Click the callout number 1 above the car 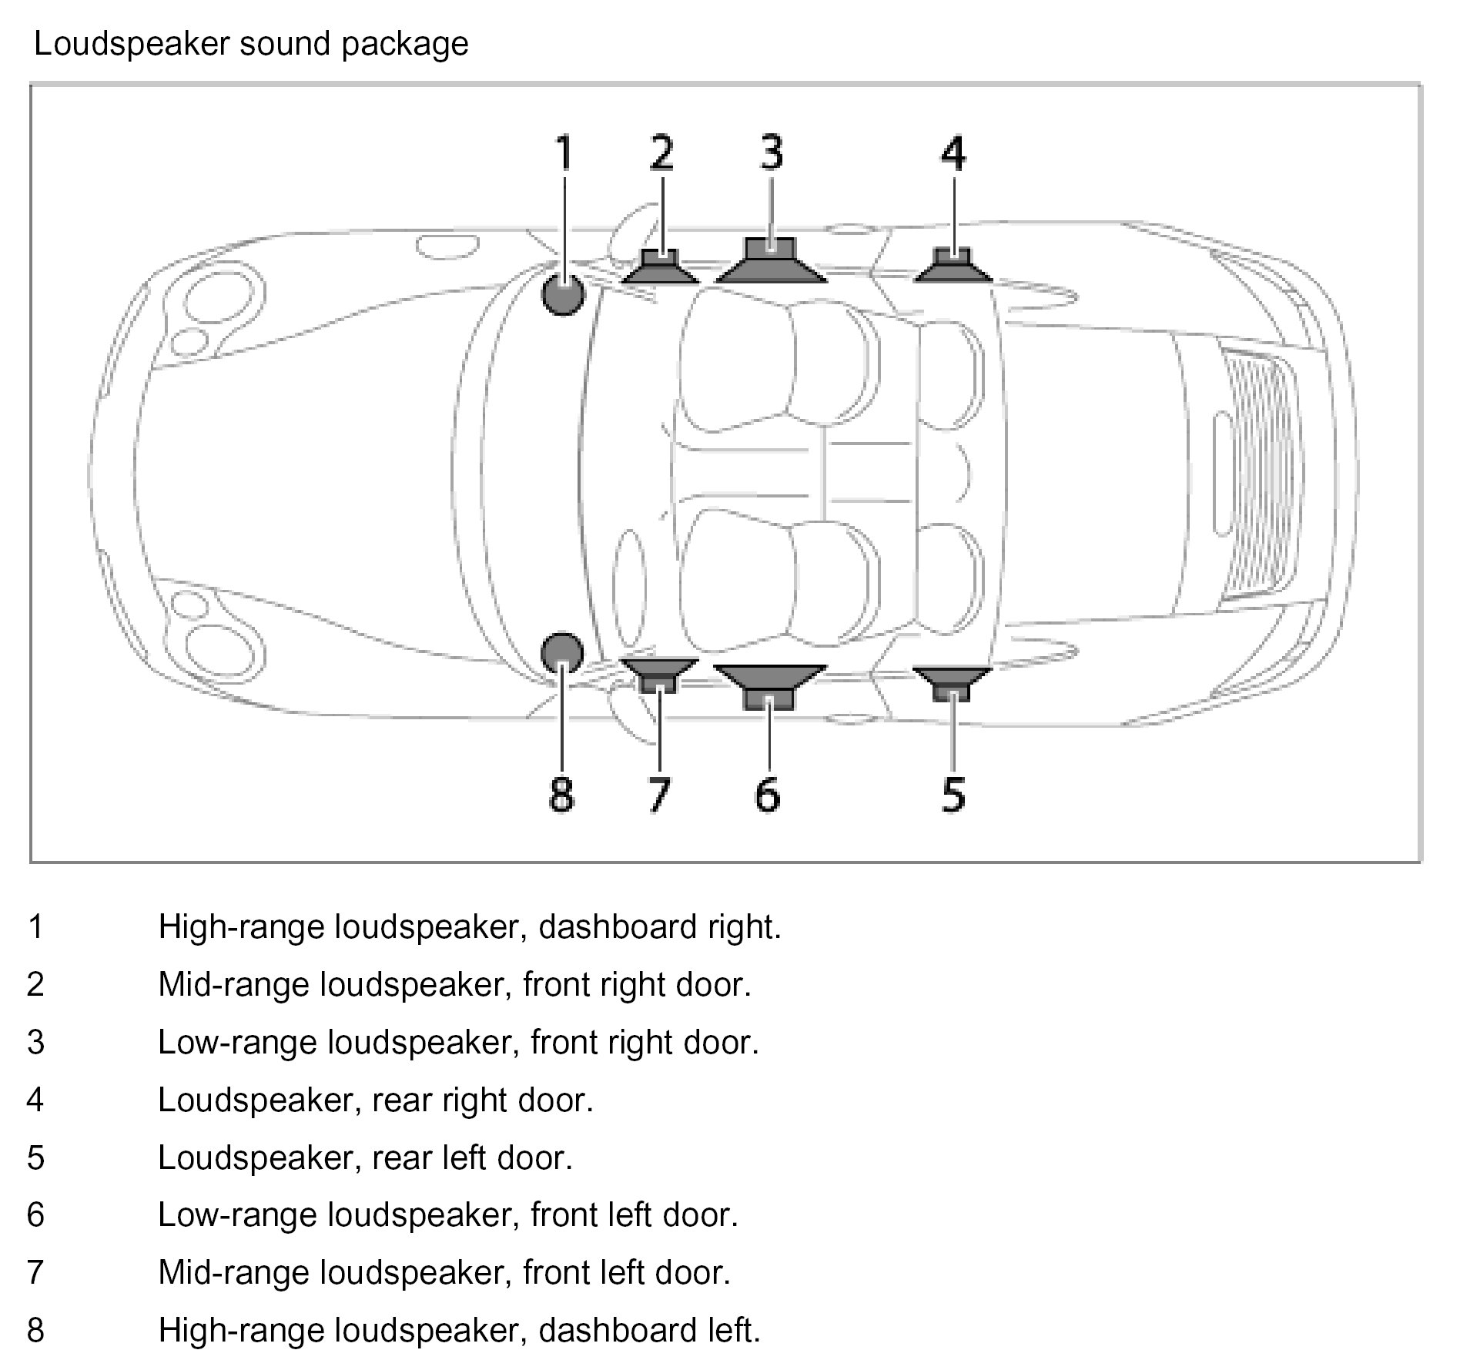coord(564,152)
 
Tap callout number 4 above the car coord(953,152)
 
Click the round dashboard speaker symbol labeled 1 coord(563,295)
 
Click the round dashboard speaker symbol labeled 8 coord(561,653)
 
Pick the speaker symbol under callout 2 coord(661,269)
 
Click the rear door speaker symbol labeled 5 coord(953,681)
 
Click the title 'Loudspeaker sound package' coord(252,44)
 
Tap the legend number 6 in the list coord(35,1215)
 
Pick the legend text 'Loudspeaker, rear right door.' coord(376,1100)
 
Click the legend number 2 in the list coord(35,985)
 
